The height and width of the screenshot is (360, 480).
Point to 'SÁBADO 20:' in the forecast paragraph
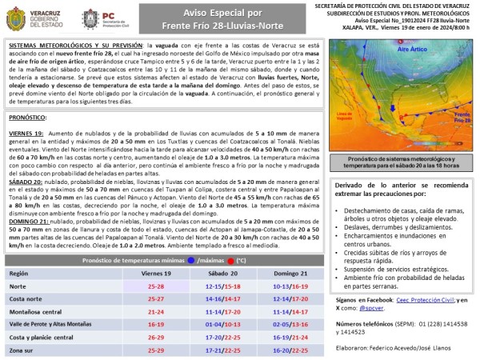click(27, 158)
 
